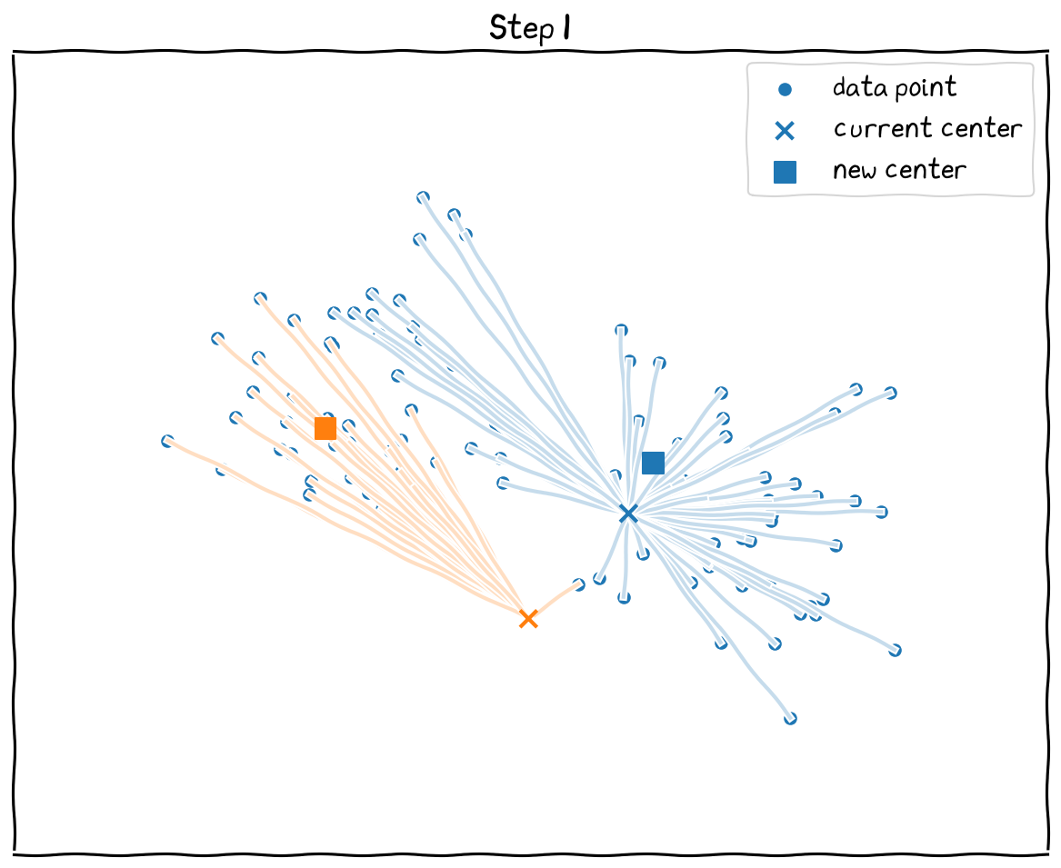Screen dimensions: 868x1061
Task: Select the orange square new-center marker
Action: (x=325, y=428)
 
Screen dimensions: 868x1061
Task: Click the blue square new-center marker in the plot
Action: (x=653, y=463)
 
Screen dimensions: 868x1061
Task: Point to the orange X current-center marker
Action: (x=528, y=619)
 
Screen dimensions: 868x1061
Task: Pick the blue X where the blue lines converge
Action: (x=627, y=514)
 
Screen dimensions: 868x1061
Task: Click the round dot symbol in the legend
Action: (x=785, y=89)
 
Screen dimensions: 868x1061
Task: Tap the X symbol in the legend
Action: (x=785, y=131)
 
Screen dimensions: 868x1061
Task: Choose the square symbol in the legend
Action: (x=785, y=172)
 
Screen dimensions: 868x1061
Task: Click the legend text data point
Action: (x=895, y=88)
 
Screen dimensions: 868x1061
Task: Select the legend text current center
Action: (x=927, y=129)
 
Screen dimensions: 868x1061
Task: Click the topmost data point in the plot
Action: (x=423, y=197)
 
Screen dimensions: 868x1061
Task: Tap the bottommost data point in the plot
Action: (x=790, y=718)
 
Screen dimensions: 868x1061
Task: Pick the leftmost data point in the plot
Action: (x=167, y=441)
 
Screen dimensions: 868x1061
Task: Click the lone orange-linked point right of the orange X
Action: (x=578, y=584)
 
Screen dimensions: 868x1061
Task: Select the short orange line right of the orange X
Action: (x=553, y=602)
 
